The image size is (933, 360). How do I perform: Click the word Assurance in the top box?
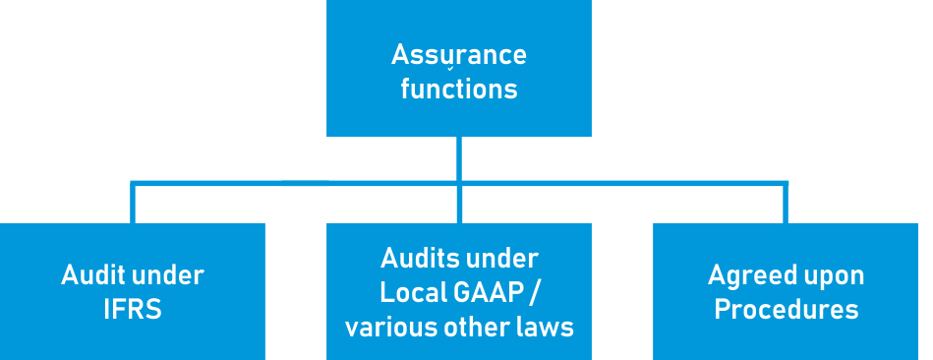click(458, 55)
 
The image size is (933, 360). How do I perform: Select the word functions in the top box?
click(458, 90)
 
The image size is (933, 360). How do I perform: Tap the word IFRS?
click(133, 309)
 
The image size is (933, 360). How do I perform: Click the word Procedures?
click(786, 310)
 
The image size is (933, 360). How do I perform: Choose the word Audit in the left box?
click(91, 275)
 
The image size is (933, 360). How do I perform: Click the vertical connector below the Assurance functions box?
click(459, 157)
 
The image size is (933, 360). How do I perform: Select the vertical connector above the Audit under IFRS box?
click(133, 203)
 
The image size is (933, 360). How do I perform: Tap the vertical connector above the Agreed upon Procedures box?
click(785, 203)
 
